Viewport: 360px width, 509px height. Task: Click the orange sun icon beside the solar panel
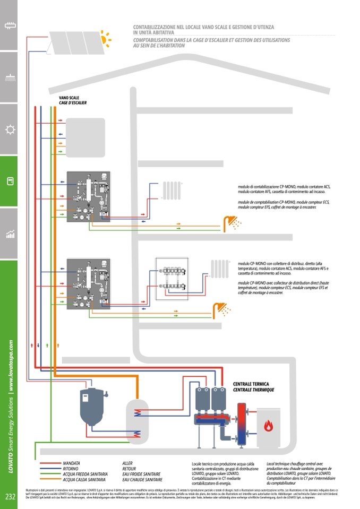point(106,38)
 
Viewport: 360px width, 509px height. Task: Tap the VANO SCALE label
point(69,98)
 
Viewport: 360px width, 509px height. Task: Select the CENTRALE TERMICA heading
point(251,384)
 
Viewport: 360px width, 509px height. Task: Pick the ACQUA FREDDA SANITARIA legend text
point(85,473)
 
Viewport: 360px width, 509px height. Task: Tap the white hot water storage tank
point(137,420)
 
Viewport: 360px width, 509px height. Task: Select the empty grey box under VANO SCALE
point(85,137)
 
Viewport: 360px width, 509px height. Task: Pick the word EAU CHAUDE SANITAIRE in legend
point(142,479)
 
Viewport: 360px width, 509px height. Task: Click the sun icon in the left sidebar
point(9,130)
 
